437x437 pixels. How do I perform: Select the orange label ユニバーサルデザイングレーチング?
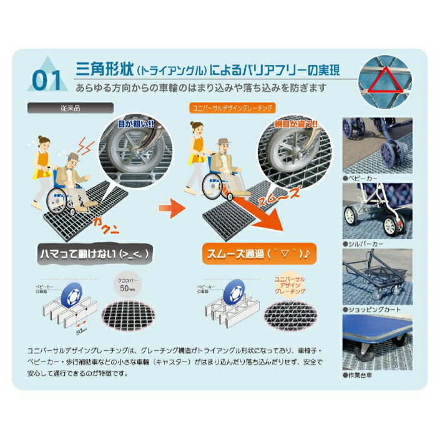232,109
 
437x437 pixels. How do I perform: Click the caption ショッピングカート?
370,309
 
